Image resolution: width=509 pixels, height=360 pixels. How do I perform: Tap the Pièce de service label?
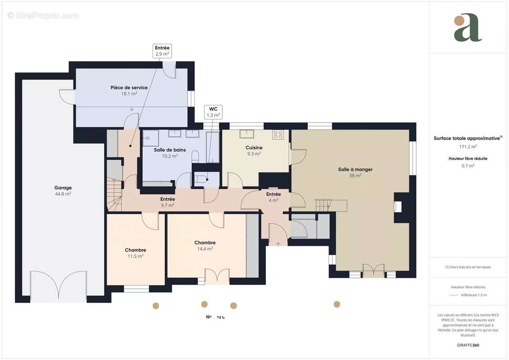(129, 90)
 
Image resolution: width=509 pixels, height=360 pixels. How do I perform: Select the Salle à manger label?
(355, 172)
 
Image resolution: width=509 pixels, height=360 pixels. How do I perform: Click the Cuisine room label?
(254, 150)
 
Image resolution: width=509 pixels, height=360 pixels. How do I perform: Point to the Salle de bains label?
(170, 153)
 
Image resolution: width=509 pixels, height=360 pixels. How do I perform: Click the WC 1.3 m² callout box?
(213, 112)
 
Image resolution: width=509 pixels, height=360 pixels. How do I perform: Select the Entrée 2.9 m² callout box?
(162, 51)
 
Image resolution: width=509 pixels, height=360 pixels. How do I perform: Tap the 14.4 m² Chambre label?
(205, 245)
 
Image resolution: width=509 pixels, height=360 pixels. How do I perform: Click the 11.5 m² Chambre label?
(135, 253)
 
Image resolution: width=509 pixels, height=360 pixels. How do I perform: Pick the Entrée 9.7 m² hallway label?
(167, 202)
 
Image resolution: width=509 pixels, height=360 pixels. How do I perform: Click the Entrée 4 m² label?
(273, 197)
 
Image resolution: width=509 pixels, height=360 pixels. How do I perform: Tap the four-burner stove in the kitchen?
(278, 134)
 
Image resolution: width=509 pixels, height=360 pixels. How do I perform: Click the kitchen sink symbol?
(246, 134)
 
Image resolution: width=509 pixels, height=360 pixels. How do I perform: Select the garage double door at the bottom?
(58, 286)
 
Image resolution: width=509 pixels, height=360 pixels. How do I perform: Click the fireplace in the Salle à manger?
(398, 207)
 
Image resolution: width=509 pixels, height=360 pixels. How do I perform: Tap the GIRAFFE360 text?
(468, 345)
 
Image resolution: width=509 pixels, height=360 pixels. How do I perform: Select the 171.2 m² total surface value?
(468, 146)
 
